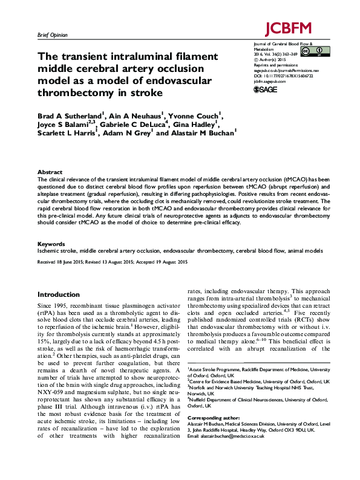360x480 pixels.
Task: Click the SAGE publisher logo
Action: pos(264,89)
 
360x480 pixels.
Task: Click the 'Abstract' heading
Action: pos(50,172)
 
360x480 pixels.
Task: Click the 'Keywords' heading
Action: pos(51,243)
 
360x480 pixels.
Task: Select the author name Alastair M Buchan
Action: pos(203,132)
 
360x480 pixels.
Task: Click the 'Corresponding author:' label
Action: pos(214,435)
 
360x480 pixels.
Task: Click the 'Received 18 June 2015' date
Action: pos(64,262)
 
